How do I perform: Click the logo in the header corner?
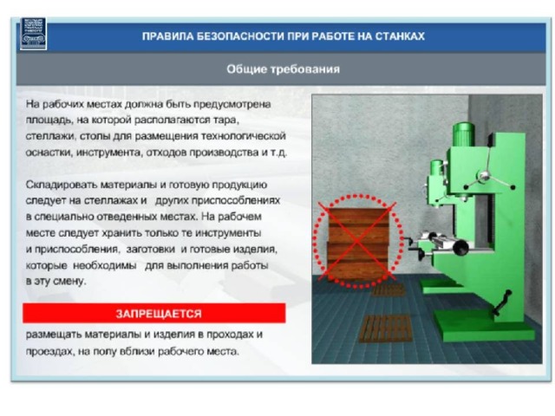(33, 34)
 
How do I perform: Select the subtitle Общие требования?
(284, 69)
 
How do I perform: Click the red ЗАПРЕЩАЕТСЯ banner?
(154, 313)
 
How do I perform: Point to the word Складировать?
(62, 185)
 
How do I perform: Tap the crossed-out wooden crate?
(358, 244)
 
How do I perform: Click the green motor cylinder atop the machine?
(464, 134)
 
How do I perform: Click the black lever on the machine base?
(502, 302)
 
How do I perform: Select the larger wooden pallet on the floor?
(386, 328)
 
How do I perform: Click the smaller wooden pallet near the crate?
(388, 290)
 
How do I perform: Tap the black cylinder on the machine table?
(460, 246)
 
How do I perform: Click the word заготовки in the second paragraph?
(151, 250)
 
